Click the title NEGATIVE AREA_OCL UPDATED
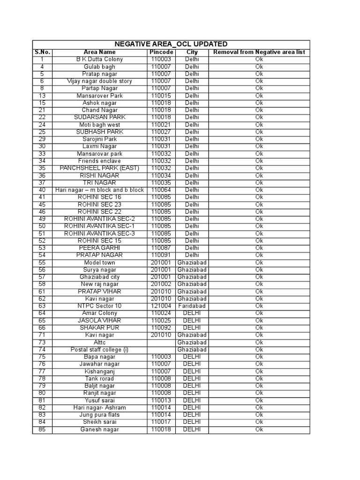171,44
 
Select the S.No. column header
42,52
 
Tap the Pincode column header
161,52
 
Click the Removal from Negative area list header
259,52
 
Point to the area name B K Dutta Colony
99,60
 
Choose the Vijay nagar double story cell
99,81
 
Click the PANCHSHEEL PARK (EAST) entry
99,168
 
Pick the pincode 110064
161,190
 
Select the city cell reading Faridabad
192,306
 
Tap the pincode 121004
161,306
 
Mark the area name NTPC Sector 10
99,306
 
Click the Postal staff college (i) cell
99,350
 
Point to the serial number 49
42,219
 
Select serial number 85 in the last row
42,429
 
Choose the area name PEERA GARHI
99,247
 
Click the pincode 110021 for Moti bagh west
161,125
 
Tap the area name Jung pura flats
99,415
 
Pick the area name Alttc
99,343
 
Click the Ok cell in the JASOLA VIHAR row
259,320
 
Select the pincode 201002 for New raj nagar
161,284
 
